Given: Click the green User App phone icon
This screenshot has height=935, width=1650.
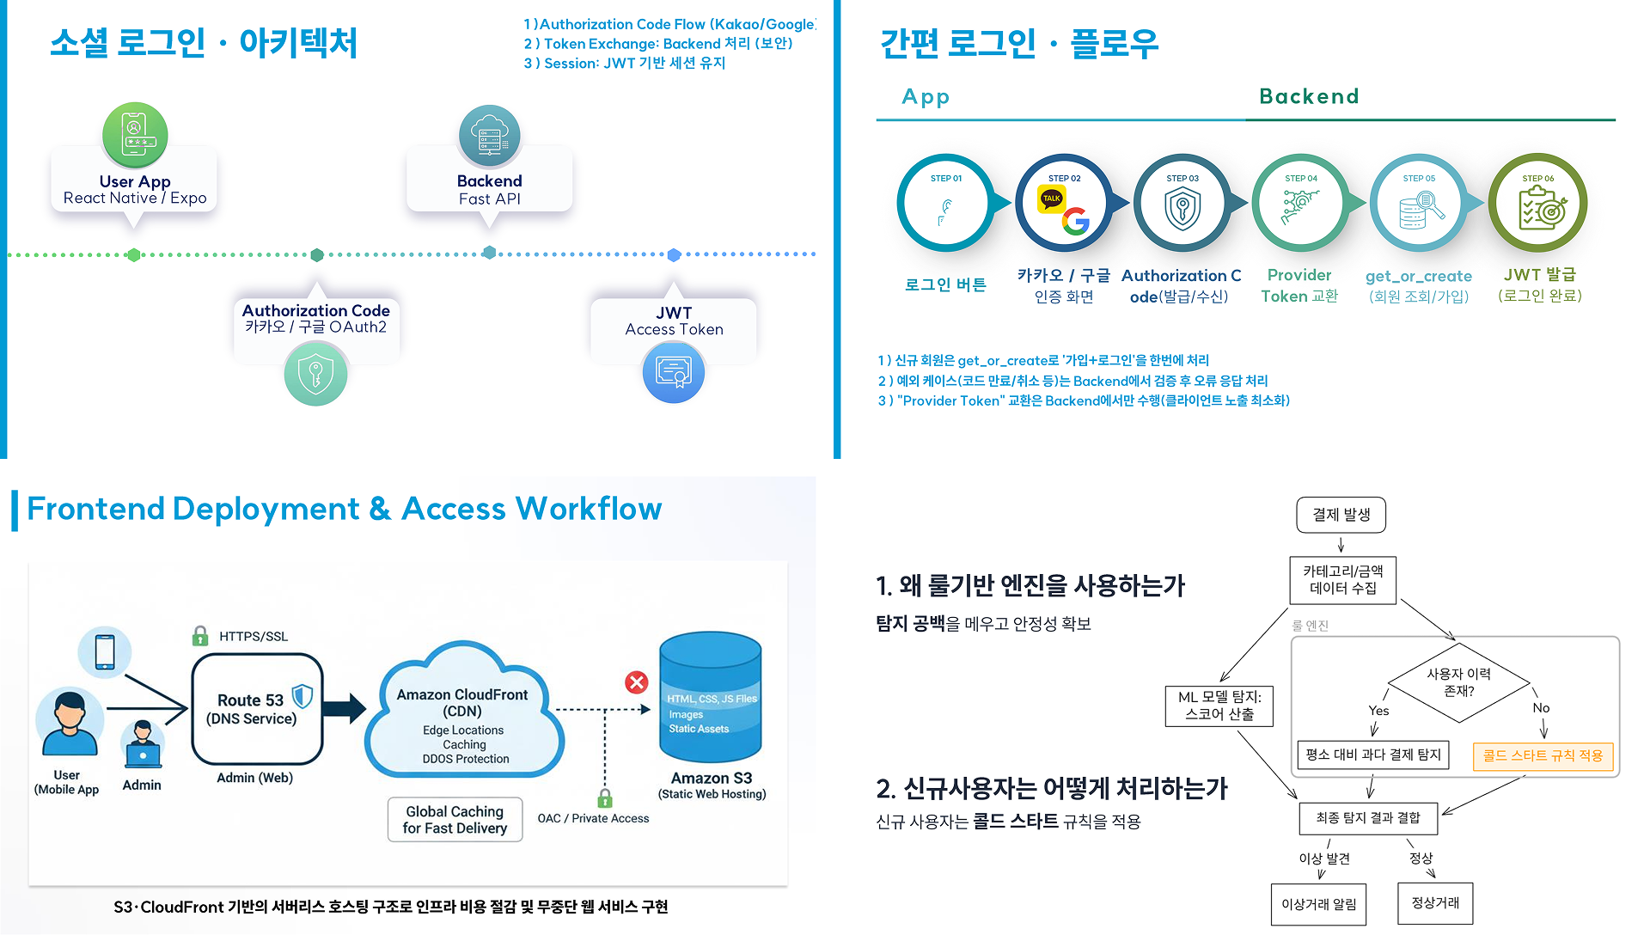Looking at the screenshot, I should click(135, 135).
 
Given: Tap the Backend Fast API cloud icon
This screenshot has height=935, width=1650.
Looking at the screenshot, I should click(490, 136).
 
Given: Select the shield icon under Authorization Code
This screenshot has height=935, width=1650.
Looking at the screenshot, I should click(316, 375).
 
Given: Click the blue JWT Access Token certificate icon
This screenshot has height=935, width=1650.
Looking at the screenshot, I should click(674, 372).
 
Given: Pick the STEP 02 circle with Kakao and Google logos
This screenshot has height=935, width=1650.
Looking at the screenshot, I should click(1064, 204).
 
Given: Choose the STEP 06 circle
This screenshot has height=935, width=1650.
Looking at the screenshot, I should click(1537, 204).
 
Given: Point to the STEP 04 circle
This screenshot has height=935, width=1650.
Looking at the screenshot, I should click(1300, 204).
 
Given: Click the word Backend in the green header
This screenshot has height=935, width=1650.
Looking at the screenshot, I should click(1309, 96).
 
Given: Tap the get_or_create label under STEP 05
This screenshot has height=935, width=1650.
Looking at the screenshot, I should click(1418, 276).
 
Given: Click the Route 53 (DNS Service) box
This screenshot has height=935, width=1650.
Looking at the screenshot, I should click(256, 709).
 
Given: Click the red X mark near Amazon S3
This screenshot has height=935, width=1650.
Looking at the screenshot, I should click(636, 682).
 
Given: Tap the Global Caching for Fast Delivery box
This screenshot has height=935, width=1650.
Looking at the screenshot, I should click(455, 820).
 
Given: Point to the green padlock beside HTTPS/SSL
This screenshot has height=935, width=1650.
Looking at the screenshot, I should click(200, 636).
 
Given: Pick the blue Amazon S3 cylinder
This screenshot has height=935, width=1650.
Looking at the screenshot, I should click(710, 698).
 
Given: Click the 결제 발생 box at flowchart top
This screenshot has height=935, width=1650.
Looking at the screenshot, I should click(1341, 515).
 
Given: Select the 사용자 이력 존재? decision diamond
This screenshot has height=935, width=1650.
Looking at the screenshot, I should click(1458, 682).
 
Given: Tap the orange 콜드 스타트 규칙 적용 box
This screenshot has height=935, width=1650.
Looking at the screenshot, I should click(1543, 755).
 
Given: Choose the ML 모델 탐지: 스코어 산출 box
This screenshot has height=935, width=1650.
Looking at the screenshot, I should click(1219, 706).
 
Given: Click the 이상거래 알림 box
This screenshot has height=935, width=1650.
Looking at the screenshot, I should click(1318, 904).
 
